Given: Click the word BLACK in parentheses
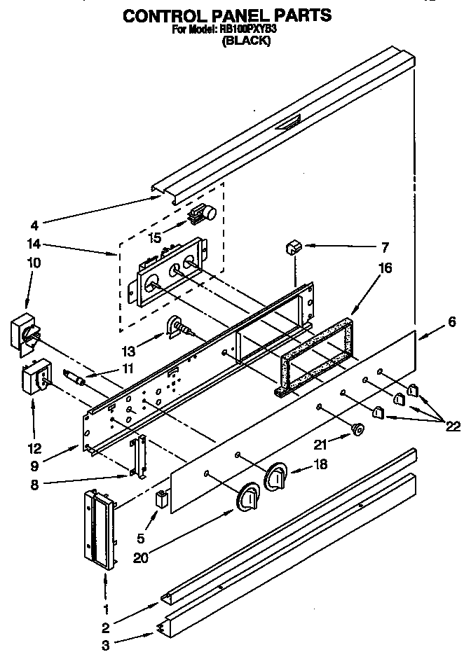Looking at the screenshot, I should (x=246, y=41).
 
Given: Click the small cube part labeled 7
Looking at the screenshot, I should (x=293, y=247).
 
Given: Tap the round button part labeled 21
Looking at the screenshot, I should (x=357, y=429).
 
